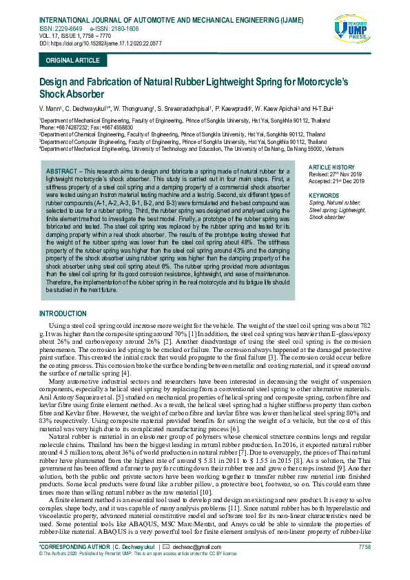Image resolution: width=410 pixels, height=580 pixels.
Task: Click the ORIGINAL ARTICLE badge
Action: [72, 61]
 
